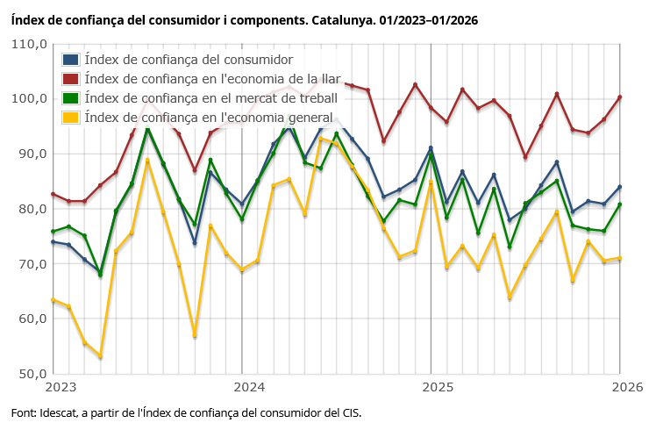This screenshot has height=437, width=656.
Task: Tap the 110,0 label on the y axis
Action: pyautogui.click(x=29, y=44)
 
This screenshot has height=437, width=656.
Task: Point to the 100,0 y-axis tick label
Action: pyautogui.click(x=29, y=98)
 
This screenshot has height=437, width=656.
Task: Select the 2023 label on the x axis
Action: pyautogui.click(x=61, y=386)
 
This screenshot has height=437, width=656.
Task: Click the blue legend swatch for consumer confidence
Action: pyautogui.click(x=71, y=60)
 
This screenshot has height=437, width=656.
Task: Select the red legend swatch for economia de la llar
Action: pyautogui.click(x=71, y=79)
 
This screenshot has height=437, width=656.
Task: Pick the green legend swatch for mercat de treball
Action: pyautogui.click(x=71, y=97)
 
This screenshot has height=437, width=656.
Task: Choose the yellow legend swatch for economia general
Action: pyautogui.click(x=71, y=117)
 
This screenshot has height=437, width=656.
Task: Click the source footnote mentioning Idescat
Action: pyautogui.click(x=186, y=412)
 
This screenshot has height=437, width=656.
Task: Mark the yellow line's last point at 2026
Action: pyautogui.click(x=620, y=258)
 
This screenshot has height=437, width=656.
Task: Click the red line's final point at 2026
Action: pyautogui.click(x=620, y=97)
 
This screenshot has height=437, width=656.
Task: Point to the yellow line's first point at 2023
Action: pyautogui.click(x=53, y=300)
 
